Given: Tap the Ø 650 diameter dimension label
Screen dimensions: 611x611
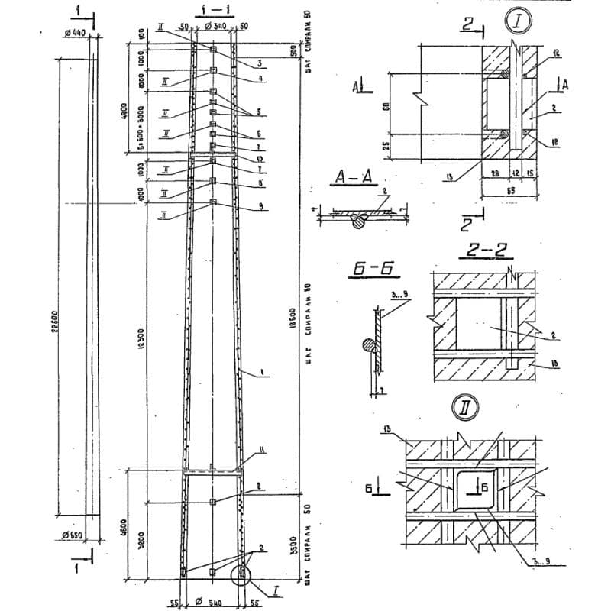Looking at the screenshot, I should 73,534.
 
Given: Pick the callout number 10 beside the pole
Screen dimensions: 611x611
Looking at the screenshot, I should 260,158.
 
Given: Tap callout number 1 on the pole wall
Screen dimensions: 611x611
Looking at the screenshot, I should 261,372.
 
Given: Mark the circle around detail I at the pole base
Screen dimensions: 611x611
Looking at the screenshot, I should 243,571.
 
